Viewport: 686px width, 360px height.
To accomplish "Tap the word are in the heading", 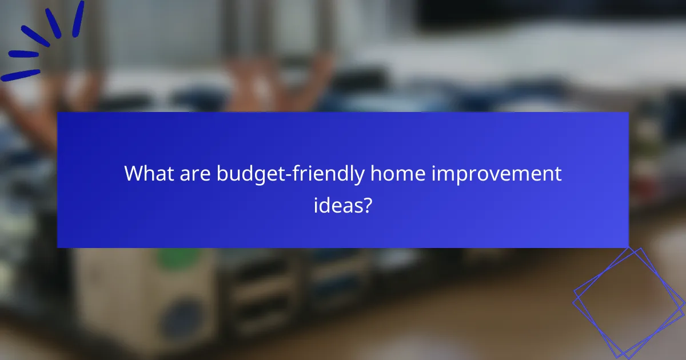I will (196, 174).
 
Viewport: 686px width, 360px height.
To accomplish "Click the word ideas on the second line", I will (338, 205).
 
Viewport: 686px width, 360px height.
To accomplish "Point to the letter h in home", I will (375, 174).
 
